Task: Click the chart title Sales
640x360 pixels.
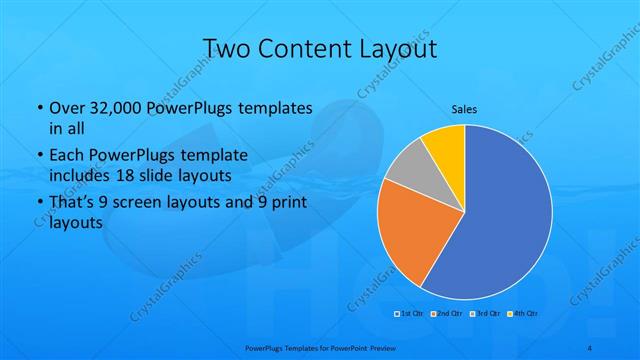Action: [x=464, y=108]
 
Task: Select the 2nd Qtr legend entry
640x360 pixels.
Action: [x=446, y=313]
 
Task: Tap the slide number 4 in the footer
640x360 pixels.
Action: [x=591, y=347]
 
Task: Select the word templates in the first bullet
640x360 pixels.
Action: [x=272, y=107]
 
